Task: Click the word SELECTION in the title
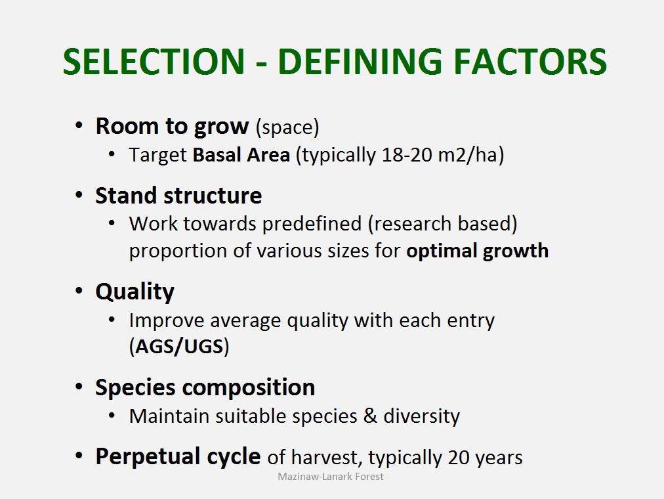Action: tap(154, 62)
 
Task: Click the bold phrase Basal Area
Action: tap(241, 154)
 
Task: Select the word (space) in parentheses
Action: tap(287, 127)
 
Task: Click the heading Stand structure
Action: tap(178, 196)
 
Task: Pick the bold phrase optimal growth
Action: tap(477, 251)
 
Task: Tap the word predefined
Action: tap(312, 224)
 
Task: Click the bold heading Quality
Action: tap(135, 292)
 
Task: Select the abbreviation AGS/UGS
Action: tap(179, 347)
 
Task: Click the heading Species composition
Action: tap(205, 387)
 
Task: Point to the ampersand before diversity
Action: tap(370, 416)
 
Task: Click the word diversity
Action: tap(421, 416)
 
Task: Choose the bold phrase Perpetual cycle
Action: tap(178, 456)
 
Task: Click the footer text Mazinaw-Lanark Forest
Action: tap(330, 477)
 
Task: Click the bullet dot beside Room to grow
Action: tap(79, 126)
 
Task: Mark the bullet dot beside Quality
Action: tap(79, 291)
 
